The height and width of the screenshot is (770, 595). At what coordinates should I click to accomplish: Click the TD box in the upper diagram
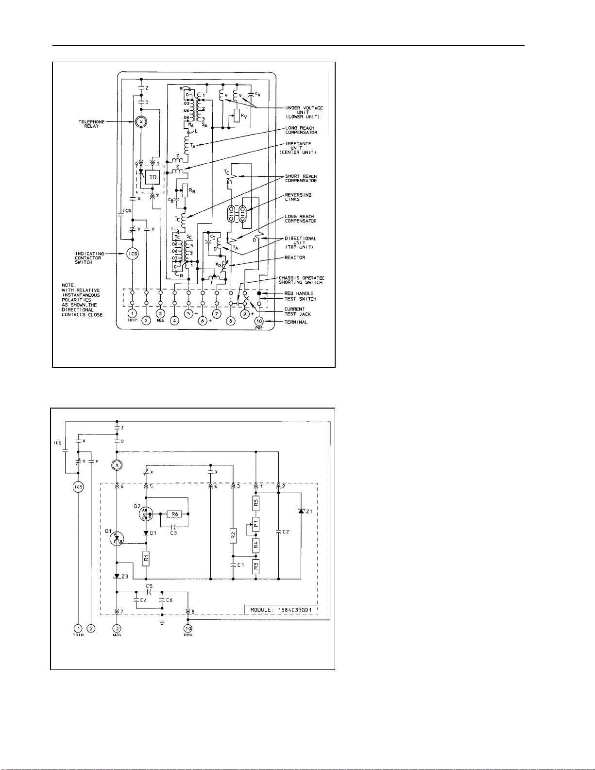[x=153, y=177]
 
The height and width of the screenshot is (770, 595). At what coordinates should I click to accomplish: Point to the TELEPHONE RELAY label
[x=91, y=124]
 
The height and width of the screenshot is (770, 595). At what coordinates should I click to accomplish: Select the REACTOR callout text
[x=295, y=257]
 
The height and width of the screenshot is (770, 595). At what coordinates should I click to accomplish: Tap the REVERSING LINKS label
[x=298, y=197]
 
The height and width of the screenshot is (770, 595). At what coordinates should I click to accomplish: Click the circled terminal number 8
[x=231, y=321]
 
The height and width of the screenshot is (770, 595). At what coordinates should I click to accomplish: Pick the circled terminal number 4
[x=175, y=321]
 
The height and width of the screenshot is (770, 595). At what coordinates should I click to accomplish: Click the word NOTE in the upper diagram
[x=68, y=285]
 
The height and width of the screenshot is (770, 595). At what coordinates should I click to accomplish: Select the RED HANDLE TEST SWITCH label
[x=300, y=296]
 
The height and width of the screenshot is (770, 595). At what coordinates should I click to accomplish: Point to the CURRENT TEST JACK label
[x=297, y=311]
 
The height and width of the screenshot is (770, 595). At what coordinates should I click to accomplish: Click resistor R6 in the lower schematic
[x=174, y=514]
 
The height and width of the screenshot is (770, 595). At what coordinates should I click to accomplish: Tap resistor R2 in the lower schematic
[x=233, y=536]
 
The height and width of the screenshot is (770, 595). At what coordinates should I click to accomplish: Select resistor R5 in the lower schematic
[x=256, y=503]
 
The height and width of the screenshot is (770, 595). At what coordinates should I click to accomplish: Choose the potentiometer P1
[x=256, y=524]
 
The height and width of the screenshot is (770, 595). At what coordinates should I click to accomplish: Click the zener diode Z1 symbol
[x=301, y=511]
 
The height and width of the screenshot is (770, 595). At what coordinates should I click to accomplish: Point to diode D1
[x=146, y=533]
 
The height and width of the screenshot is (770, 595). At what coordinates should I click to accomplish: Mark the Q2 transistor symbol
[x=145, y=513]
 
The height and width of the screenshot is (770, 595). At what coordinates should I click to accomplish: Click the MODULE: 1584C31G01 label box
[x=280, y=610]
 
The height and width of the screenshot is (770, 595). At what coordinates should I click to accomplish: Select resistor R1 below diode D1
[x=146, y=559]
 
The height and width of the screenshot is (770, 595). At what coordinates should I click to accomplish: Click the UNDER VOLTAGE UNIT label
[x=304, y=112]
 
